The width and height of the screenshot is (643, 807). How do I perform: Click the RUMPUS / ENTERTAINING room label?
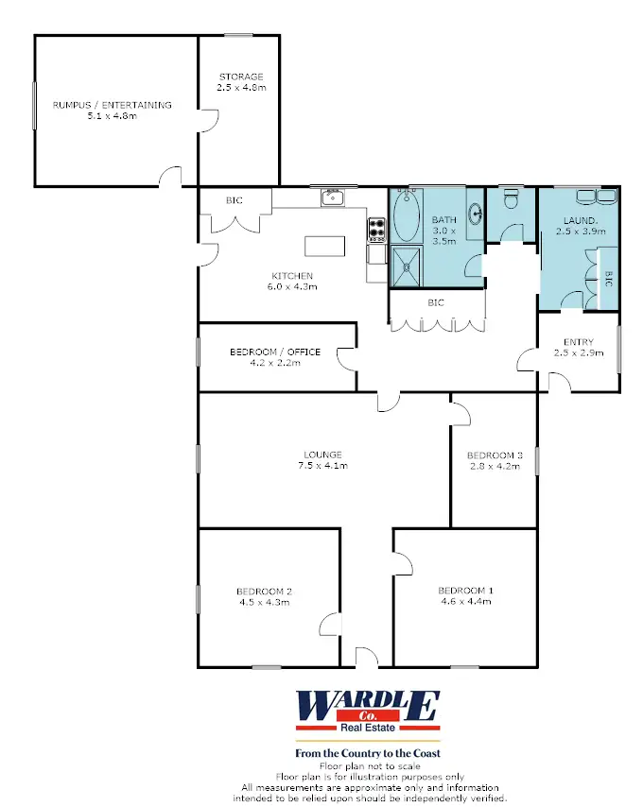point(112,105)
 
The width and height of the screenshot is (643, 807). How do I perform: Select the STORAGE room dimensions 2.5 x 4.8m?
point(241,88)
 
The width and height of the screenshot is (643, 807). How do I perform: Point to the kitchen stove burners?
point(377,228)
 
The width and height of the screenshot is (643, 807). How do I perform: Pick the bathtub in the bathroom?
point(408,217)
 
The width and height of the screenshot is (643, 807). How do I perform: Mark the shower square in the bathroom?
point(408,266)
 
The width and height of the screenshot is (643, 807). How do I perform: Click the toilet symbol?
point(512,200)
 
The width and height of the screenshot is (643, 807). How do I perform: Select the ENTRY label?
point(578,342)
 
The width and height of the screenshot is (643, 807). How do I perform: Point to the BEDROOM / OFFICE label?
point(275,352)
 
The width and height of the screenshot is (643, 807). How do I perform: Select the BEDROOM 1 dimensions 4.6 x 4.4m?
point(465,601)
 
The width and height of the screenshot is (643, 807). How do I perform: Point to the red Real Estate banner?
point(368,728)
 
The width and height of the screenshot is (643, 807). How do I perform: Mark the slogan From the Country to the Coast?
point(368,753)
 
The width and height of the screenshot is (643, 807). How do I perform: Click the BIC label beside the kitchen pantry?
point(235,200)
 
